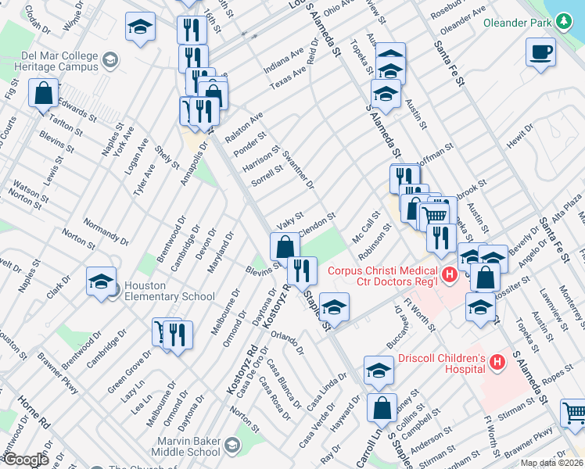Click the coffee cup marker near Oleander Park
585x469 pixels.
point(540,53)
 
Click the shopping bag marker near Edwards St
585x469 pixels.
point(44,93)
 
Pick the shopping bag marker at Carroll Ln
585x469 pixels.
point(382,408)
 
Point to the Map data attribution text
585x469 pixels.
point(551,463)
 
